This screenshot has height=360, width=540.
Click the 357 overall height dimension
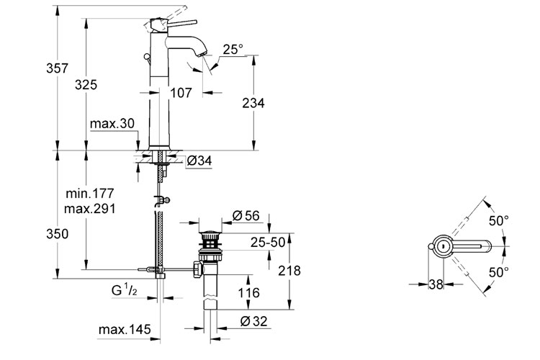pyautogui.click(x=57, y=68)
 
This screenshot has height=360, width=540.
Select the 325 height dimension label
pyautogui.click(x=86, y=84)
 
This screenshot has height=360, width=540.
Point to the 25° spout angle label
pyautogui.click(x=233, y=49)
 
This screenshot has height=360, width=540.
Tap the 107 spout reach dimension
pyautogui.click(x=181, y=92)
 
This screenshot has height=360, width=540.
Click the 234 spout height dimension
pyautogui.click(x=253, y=103)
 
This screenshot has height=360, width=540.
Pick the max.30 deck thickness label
pyautogui.click(x=112, y=123)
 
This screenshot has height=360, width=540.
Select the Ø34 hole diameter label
pyautogui.click(x=199, y=160)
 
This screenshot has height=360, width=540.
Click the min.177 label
pyautogui.click(x=89, y=193)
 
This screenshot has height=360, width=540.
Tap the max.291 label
pyautogui.click(x=89, y=208)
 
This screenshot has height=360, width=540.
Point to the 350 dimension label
pyautogui.click(x=57, y=234)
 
